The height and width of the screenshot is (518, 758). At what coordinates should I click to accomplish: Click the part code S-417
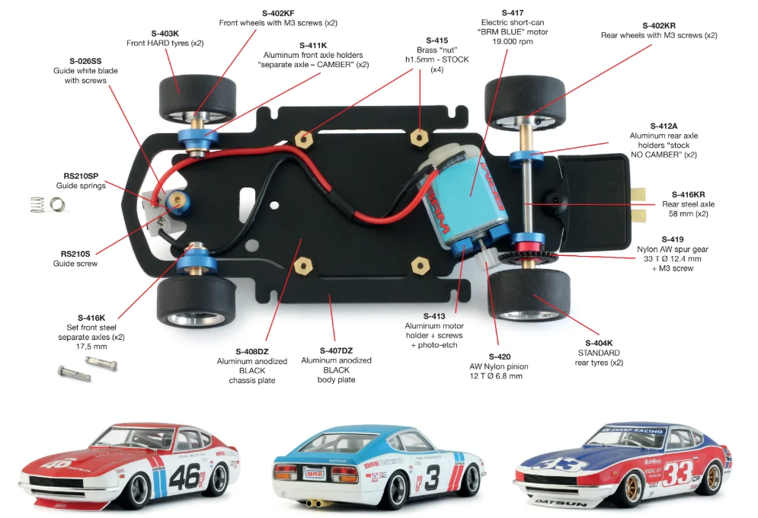click(x=513, y=13)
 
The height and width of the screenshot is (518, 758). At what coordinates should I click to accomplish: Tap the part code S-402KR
click(x=659, y=26)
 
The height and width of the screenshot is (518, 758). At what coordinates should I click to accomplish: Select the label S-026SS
click(x=85, y=61)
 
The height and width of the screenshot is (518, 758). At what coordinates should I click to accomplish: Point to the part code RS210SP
click(x=81, y=176)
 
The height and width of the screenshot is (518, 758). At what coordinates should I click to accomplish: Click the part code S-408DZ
click(x=252, y=351)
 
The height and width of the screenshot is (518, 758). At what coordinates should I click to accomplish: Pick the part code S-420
click(x=500, y=357)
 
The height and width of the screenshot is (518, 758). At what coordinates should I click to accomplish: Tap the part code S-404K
click(x=599, y=343)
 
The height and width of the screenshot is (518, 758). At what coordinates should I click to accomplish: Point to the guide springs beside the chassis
click(x=47, y=204)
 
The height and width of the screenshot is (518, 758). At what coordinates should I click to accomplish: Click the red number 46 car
click(x=130, y=465)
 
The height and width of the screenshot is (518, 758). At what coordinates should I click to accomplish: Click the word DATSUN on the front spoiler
click(x=561, y=504)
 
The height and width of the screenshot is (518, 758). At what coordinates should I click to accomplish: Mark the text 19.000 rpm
click(x=513, y=42)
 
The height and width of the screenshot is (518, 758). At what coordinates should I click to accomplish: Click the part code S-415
click(x=437, y=40)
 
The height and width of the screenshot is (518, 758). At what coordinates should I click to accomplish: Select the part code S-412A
click(x=664, y=126)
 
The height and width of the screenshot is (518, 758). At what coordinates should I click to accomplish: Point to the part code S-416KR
click(x=688, y=195)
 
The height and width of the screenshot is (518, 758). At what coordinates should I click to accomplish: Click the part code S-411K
click(x=313, y=46)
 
